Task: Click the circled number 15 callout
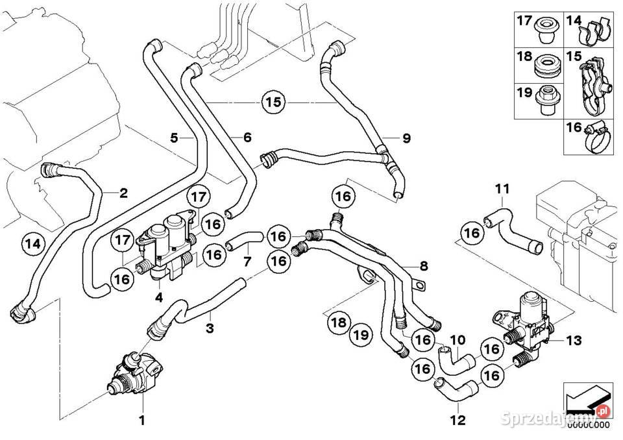[273, 103]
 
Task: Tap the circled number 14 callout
[33, 243]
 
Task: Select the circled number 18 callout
[339, 323]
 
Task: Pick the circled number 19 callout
[361, 335]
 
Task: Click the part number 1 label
[142, 420]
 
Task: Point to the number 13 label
[573, 340]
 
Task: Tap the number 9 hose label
[406, 138]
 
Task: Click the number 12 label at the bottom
[458, 420]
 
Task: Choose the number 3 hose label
[210, 328]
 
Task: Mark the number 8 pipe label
[424, 265]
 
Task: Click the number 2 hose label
[123, 193]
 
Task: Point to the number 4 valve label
[159, 297]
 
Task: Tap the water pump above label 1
[136, 373]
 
